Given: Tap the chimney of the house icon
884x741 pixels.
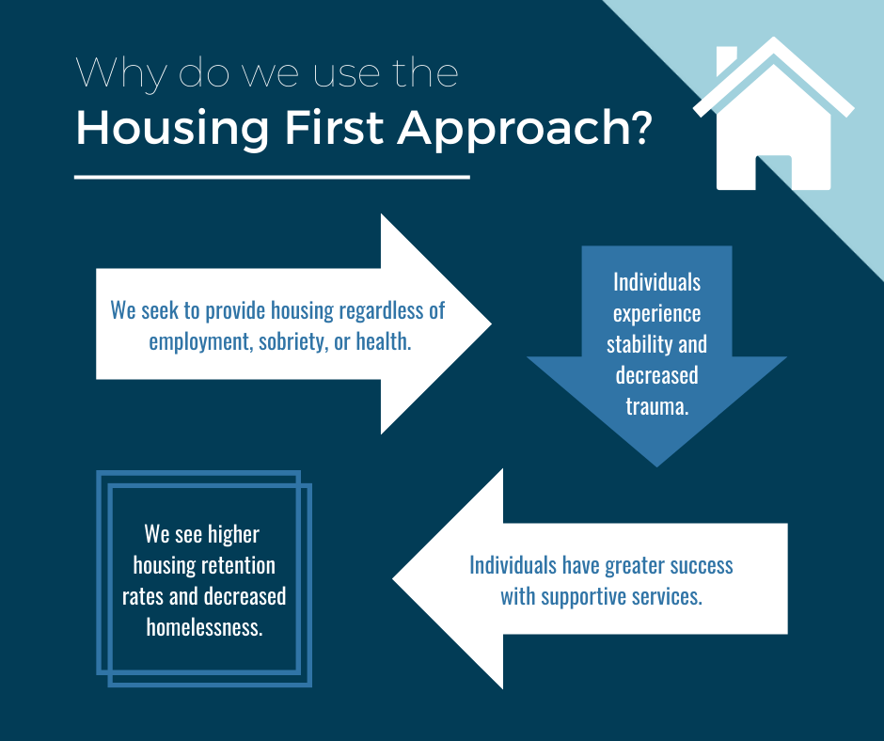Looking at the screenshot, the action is pyautogui.click(x=726, y=60).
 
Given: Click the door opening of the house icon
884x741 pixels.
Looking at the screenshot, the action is pyautogui.click(x=773, y=172).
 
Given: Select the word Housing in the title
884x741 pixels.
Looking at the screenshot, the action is pyautogui.click(x=172, y=130).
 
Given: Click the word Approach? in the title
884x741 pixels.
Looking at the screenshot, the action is pyautogui.click(x=525, y=130).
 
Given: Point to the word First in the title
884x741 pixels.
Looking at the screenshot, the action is pyautogui.click(x=334, y=127).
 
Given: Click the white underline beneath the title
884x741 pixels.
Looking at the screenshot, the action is pyautogui.click(x=272, y=177).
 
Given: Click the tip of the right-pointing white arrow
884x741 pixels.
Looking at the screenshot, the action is pyautogui.click(x=491, y=323).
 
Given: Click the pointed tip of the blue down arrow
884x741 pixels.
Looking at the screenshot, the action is pyautogui.click(x=656, y=465).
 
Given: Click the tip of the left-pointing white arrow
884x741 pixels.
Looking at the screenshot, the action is pyautogui.click(x=393, y=578).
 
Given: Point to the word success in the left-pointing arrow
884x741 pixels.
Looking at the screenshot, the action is pyautogui.click(x=702, y=565).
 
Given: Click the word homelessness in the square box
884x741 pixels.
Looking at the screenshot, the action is pyautogui.click(x=203, y=627).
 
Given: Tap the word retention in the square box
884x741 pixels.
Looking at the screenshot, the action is pyautogui.click(x=239, y=565).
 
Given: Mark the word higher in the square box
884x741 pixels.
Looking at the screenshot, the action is pyautogui.click(x=234, y=535).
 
